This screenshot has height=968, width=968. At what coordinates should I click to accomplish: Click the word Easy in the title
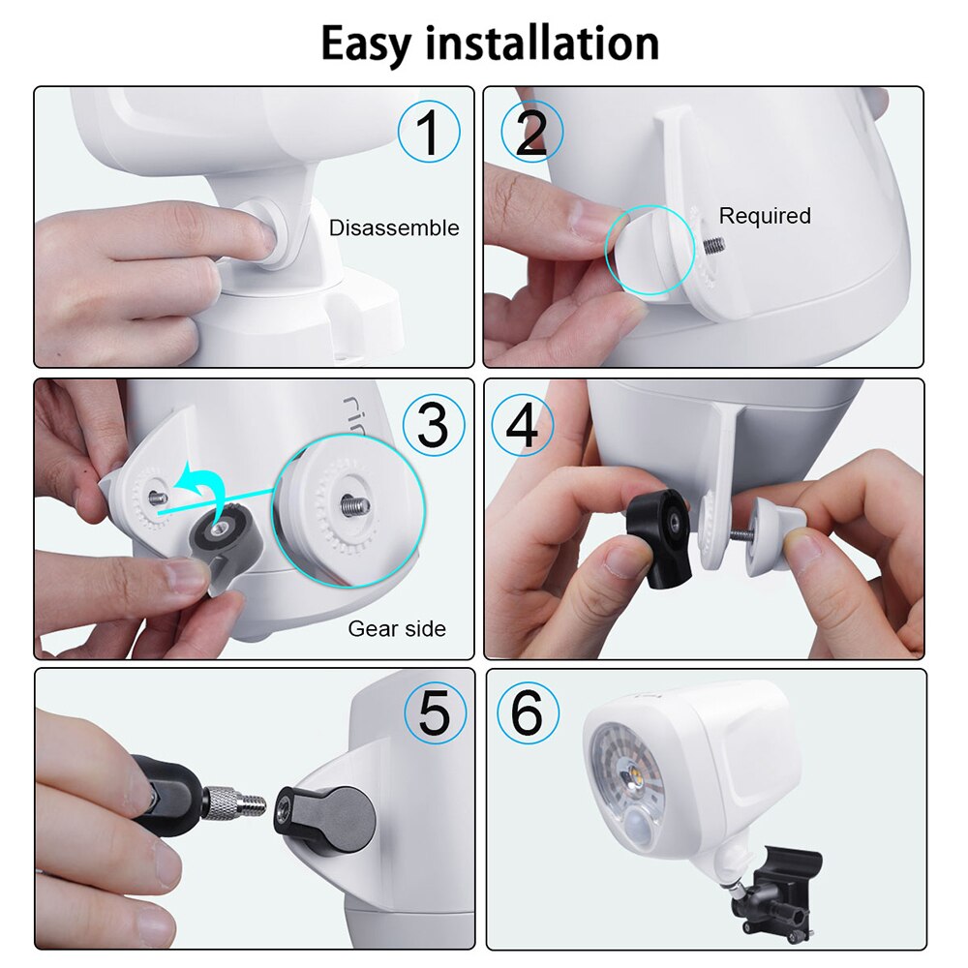click(367, 45)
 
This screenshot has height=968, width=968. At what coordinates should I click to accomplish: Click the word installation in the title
click(541, 45)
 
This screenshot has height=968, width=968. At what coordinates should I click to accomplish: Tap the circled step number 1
click(428, 132)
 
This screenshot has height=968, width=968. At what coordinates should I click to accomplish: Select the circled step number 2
click(529, 133)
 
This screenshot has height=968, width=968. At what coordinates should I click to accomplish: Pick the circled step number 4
click(523, 424)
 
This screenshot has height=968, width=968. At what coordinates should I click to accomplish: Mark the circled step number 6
click(528, 714)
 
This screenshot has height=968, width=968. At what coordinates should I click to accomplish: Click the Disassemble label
click(394, 228)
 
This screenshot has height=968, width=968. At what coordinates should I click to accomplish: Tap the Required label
click(765, 216)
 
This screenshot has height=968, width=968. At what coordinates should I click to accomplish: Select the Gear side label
click(397, 629)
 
